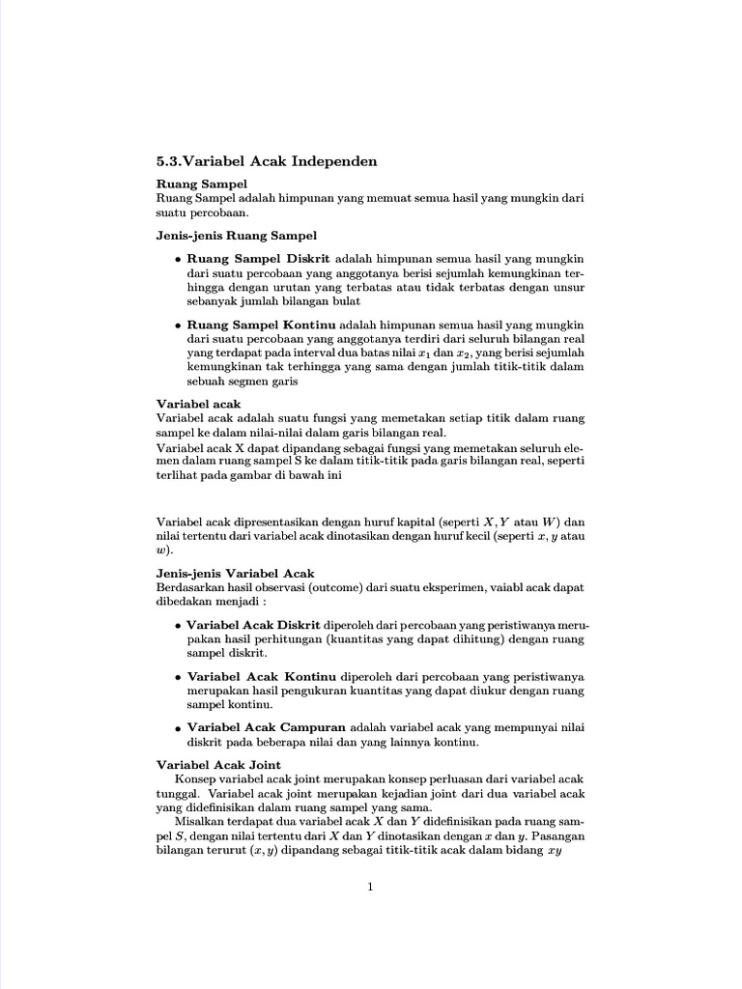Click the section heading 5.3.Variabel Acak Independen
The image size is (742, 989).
[266, 161]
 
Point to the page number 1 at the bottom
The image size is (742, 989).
[370, 889]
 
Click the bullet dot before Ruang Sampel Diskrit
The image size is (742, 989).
[178, 261]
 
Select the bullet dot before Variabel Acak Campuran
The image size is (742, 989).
[178, 728]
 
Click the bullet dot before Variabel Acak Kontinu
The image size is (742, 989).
[178, 677]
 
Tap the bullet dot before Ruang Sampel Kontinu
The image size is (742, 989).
[178, 326]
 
